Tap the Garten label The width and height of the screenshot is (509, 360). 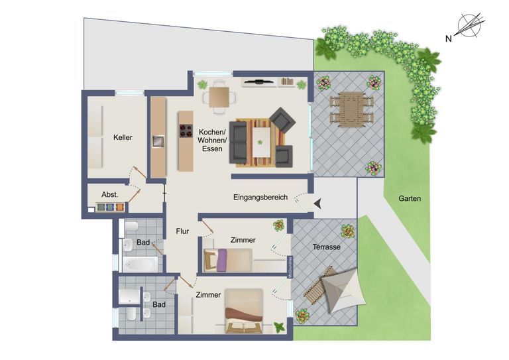point(410,198)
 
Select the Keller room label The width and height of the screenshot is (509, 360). point(123,138)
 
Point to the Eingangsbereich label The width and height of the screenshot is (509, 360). point(260,198)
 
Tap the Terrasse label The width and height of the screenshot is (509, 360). point(327,247)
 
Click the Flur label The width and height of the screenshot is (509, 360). point(183,231)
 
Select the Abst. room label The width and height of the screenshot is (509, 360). point(109,194)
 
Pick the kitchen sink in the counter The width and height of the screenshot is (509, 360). point(158,141)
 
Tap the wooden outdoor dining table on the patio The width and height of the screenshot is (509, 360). point(351,109)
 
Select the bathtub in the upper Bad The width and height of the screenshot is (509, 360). point(141,264)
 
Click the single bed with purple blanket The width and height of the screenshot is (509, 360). point(228,260)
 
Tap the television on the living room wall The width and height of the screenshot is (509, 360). point(258,82)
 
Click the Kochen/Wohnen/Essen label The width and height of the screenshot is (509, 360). point(213,141)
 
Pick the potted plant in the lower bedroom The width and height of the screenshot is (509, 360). point(279,327)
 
